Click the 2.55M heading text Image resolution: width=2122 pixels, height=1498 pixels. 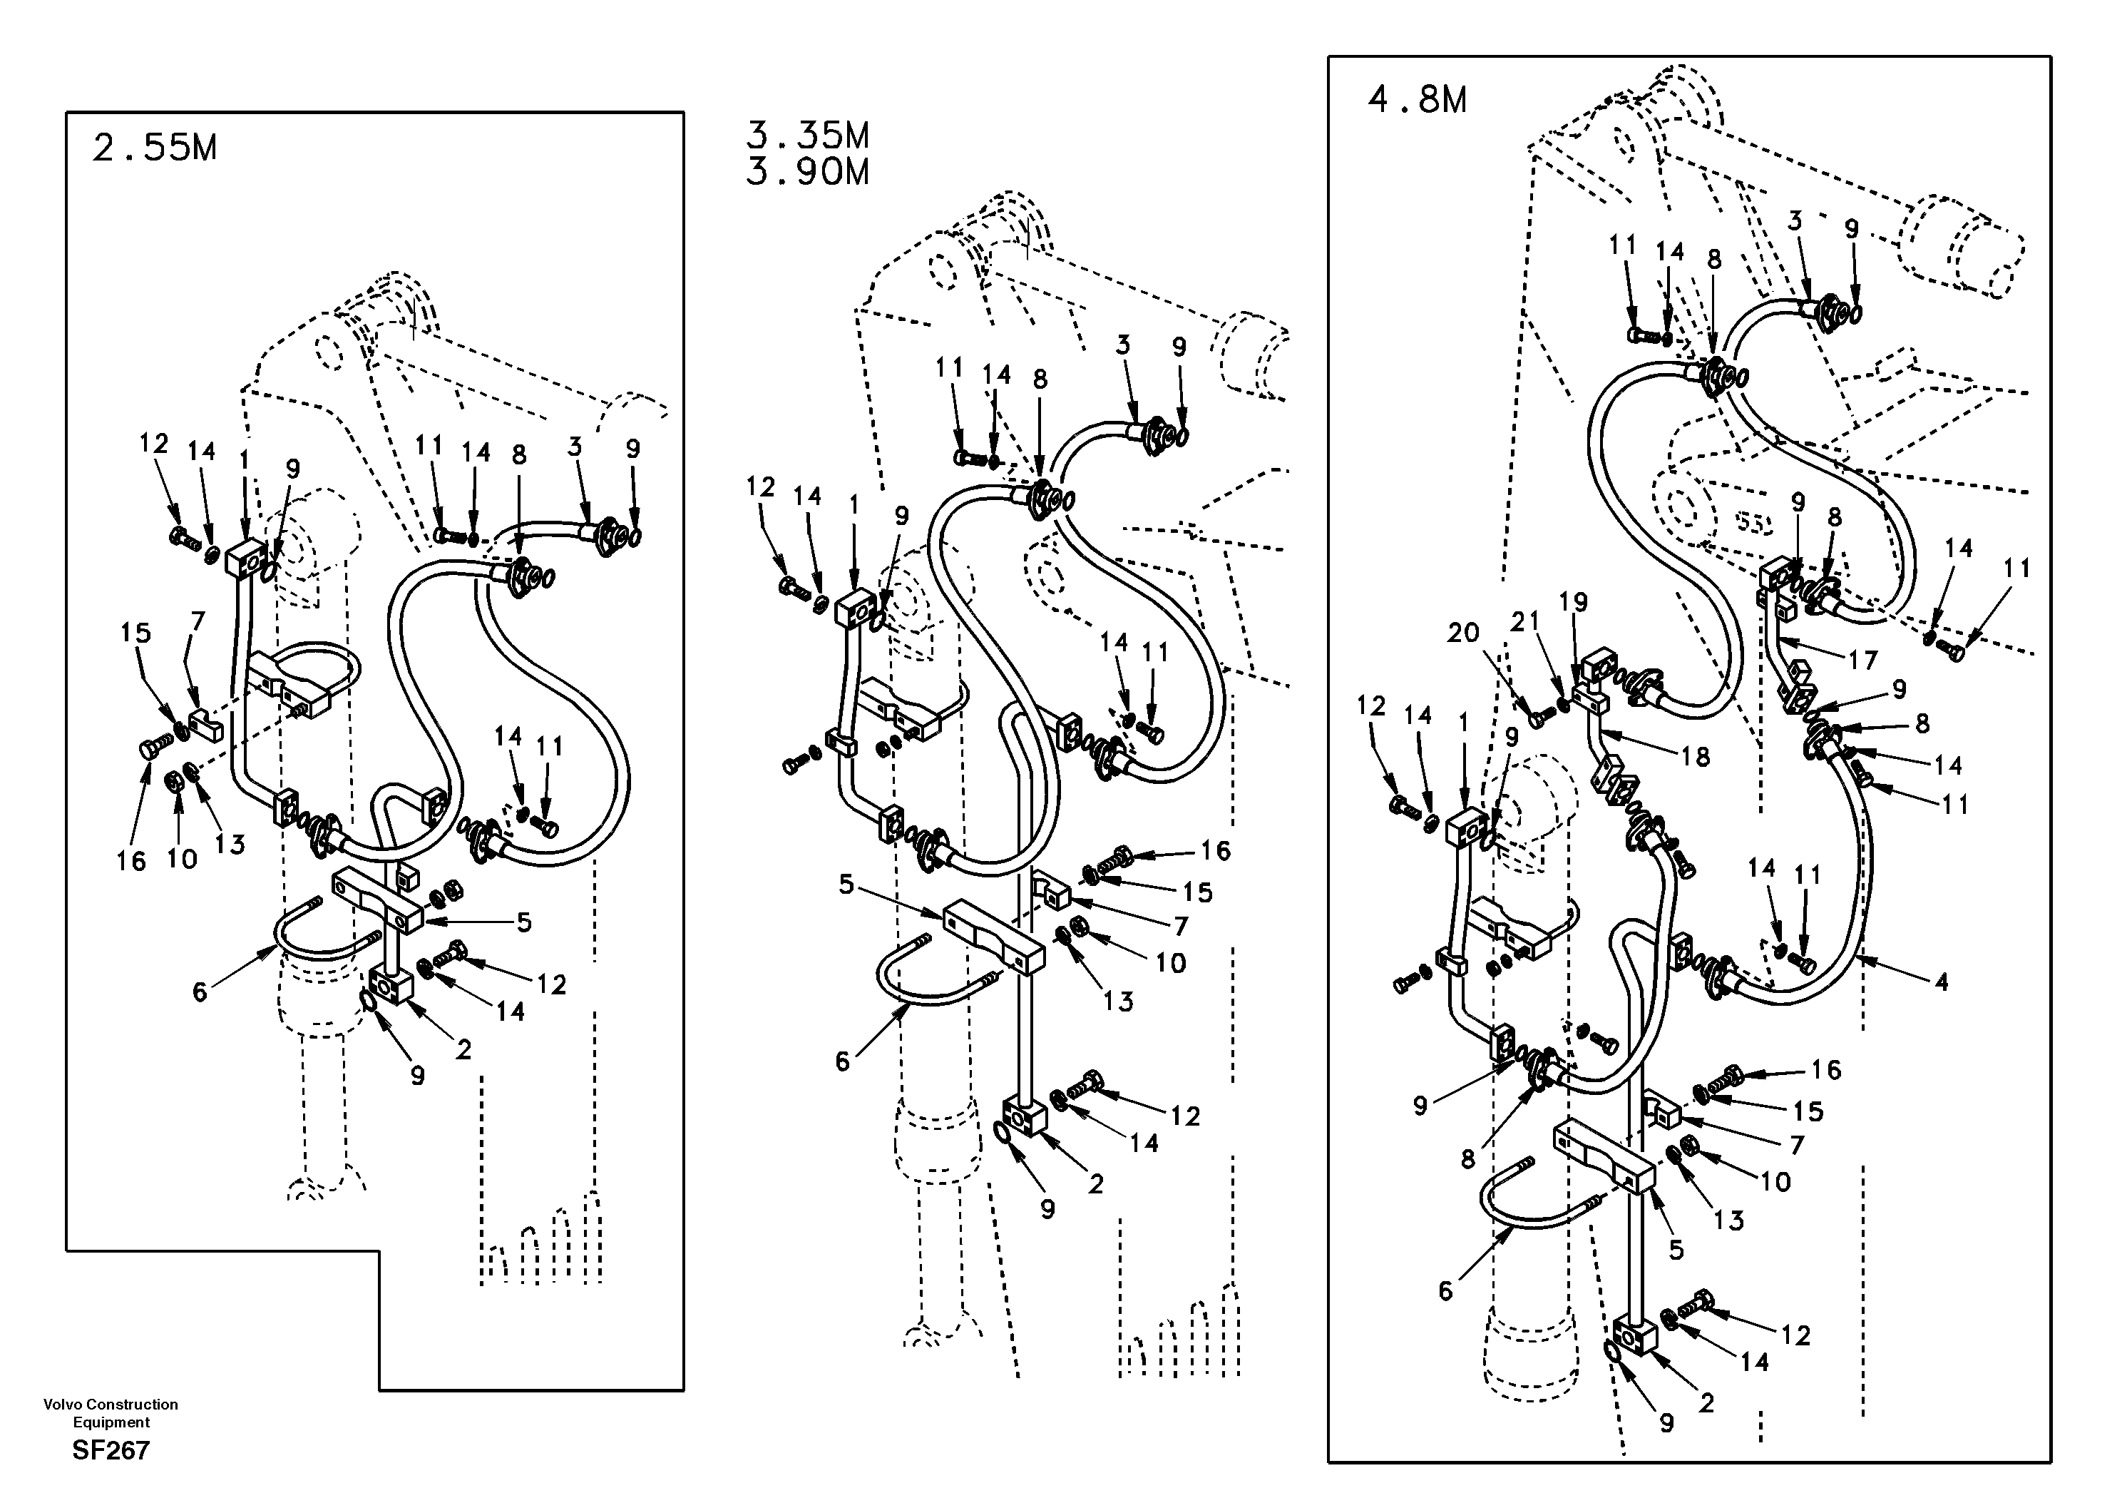click(x=153, y=148)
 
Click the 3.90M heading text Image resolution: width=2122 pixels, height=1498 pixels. click(x=807, y=173)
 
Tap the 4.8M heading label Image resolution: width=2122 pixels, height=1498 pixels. click(x=1416, y=100)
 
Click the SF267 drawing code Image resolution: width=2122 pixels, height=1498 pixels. click(x=111, y=1450)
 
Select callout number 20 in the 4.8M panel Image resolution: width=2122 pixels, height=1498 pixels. click(x=1463, y=633)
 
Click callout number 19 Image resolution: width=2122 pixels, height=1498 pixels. click(x=1573, y=602)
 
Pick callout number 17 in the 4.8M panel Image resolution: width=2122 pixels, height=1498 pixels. click(x=1863, y=661)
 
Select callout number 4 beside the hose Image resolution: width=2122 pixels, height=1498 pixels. click(x=1941, y=982)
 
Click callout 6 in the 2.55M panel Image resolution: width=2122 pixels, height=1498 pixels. click(x=200, y=992)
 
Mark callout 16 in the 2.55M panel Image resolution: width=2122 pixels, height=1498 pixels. click(x=131, y=862)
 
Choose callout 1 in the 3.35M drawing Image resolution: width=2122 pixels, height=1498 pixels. click(x=853, y=506)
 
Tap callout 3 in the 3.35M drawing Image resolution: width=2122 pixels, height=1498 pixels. click(x=1122, y=346)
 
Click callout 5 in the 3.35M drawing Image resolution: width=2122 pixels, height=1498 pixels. click(x=846, y=885)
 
